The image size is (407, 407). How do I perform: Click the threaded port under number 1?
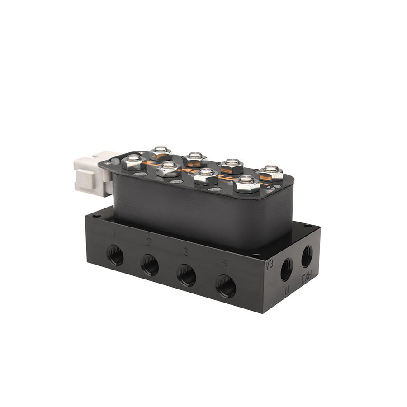tap(115, 255)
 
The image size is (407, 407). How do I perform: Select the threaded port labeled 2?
tap(149, 265)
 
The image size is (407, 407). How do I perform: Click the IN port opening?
tap(286, 270)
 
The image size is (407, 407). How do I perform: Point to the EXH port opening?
tap(307, 256)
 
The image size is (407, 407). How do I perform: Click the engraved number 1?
tap(115, 234)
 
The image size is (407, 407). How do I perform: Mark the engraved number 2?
tap(149, 242)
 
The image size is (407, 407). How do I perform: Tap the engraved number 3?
tap(185, 251)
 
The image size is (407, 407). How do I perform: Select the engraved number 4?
tap(225, 262)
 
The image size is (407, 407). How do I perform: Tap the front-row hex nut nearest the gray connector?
tap(134, 161)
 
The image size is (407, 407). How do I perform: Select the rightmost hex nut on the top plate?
tap(271, 172)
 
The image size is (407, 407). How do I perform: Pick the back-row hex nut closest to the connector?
tap(161, 152)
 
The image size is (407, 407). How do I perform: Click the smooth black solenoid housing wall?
tap(194, 213)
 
